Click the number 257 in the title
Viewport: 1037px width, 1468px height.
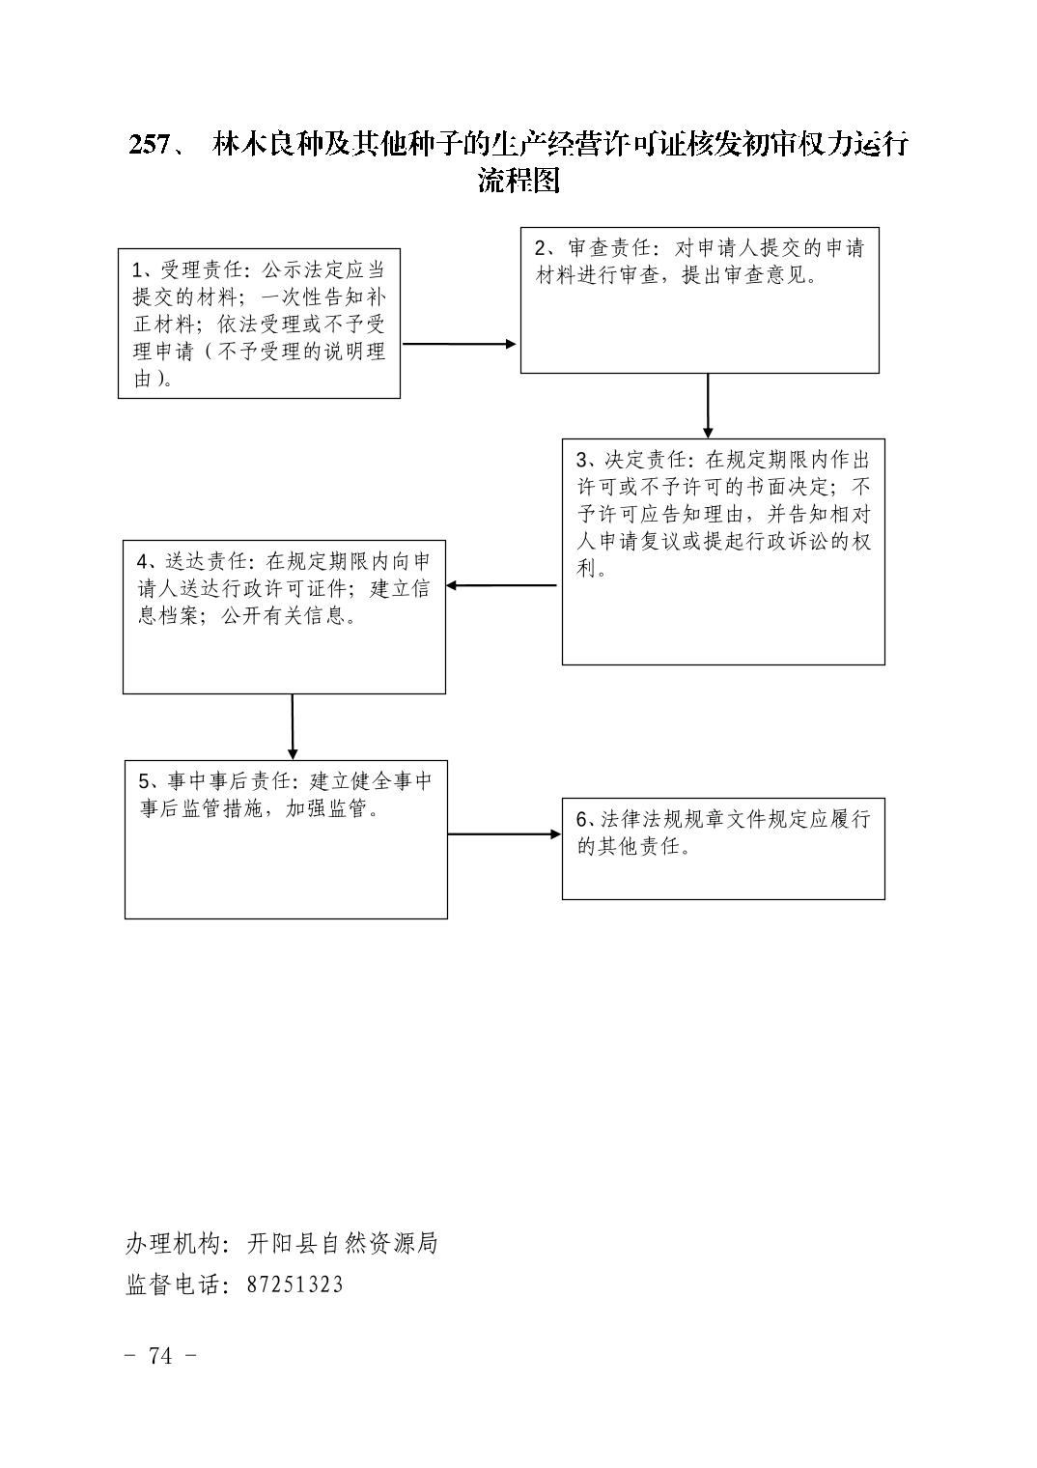click(149, 145)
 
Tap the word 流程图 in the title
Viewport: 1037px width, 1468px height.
click(518, 181)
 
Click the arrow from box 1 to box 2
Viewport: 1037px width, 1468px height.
click(460, 344)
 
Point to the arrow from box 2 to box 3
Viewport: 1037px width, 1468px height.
click(708, 406)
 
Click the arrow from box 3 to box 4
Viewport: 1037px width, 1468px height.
click(501, 585)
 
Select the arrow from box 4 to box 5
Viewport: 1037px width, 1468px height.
click(293, 727)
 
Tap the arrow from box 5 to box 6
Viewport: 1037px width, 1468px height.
click(504, 834)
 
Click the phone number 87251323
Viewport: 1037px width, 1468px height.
click(294, 1284)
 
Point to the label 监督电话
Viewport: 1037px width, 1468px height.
click(172, 1284)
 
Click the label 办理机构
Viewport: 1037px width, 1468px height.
click(172, 1243)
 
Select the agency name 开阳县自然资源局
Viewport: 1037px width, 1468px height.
click(343, 1243)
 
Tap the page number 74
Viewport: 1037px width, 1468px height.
click(160, 1356)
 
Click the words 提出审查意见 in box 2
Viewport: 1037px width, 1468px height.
click(743, 274)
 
